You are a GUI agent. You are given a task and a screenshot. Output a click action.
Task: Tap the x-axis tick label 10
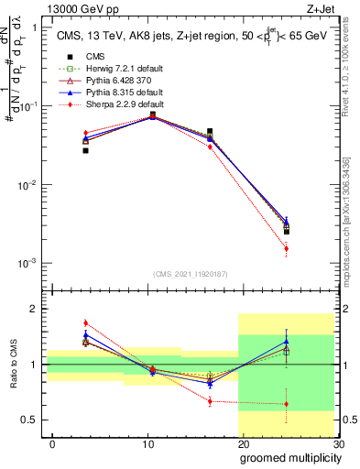pyautogui.click(x=147, y=444)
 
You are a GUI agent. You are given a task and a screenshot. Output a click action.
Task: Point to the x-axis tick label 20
pyautogui.click(x=243, y=444)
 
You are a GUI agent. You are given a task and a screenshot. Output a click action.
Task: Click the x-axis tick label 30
pyautogui.click(x=337, y=444)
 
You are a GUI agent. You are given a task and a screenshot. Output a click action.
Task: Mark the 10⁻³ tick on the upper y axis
pyautogui.click(x=28, y=263)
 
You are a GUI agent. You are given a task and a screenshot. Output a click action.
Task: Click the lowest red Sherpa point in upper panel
pyautogui.click(x=286, y=248)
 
